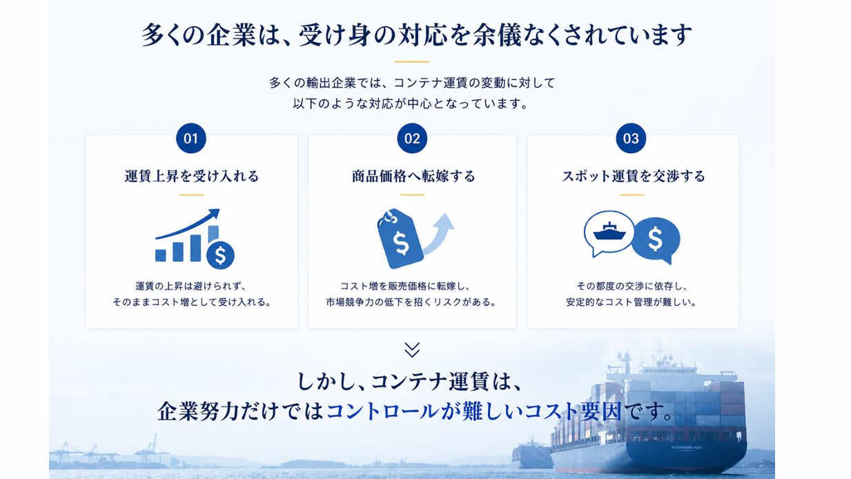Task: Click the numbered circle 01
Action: (x=191, y=138)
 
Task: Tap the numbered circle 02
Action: (x=412, y=138)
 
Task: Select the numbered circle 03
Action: (x=631, y=138)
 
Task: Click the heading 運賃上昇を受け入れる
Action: (x=192, y=176)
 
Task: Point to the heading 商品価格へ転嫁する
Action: (x=413, y=176)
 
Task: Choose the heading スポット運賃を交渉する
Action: (x=634, y=176)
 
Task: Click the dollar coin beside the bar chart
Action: (x=220, y=255)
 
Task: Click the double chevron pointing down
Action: (x=412, y=350)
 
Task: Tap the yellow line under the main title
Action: (x=412, y=61)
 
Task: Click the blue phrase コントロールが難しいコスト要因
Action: (x=473, y=411)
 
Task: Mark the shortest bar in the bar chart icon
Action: (x=161, y=255)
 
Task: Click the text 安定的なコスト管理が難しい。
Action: (x=631, y=302)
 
